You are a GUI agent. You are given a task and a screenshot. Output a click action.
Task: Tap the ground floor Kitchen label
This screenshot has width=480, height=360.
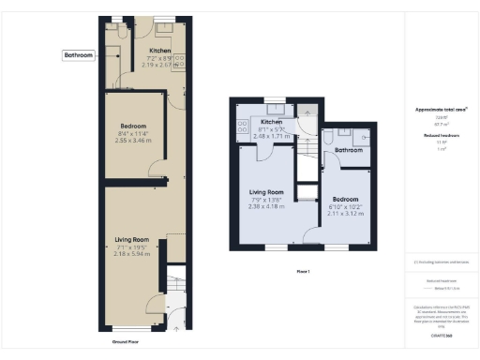point(160,51)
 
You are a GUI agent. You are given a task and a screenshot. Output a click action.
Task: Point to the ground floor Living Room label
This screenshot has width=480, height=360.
point(131,241)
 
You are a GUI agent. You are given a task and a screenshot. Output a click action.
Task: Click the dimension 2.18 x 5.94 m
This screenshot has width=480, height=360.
point(131,253)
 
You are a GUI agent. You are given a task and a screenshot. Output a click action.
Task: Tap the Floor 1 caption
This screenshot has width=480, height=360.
point(302,272)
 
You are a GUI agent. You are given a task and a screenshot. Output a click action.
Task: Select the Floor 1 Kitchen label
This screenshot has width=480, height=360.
point(272,122)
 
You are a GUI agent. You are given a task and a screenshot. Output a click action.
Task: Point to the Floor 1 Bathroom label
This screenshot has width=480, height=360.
point(350,150)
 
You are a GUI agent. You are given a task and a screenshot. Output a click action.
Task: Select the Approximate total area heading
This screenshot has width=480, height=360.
point(441,110)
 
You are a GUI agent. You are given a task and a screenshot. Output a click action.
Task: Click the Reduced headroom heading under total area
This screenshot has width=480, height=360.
point(441,135)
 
